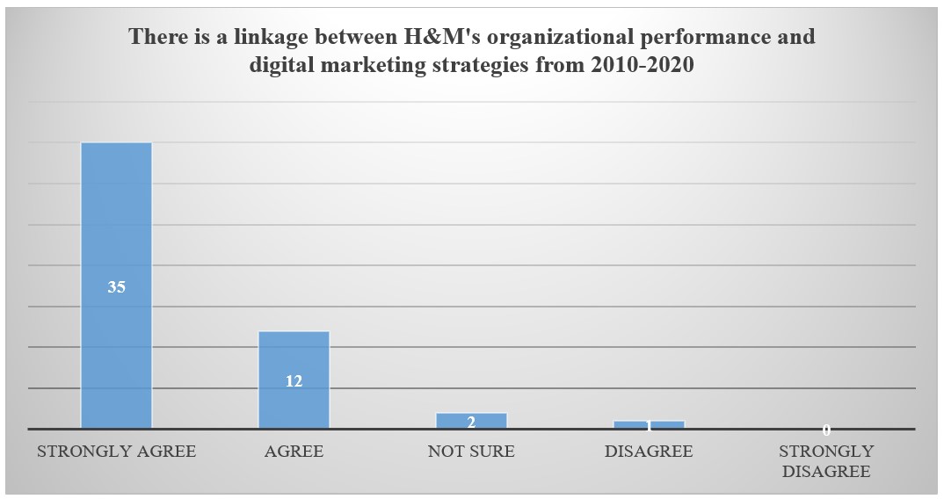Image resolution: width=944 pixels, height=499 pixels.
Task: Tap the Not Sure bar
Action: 471,416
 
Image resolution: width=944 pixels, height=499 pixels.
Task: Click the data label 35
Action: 116,286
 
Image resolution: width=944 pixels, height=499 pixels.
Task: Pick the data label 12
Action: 294,381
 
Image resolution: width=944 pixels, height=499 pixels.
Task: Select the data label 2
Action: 471,422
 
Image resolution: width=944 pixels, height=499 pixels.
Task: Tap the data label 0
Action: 826,430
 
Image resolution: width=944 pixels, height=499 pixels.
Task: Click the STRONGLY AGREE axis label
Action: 116,452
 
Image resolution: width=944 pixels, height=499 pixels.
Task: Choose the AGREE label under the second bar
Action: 294,452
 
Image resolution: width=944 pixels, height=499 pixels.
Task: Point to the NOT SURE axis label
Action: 471,452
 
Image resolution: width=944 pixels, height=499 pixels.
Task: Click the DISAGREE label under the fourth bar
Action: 649,452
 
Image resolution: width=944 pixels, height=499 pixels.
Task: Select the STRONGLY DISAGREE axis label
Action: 826,461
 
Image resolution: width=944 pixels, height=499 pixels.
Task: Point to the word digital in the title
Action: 281,65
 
